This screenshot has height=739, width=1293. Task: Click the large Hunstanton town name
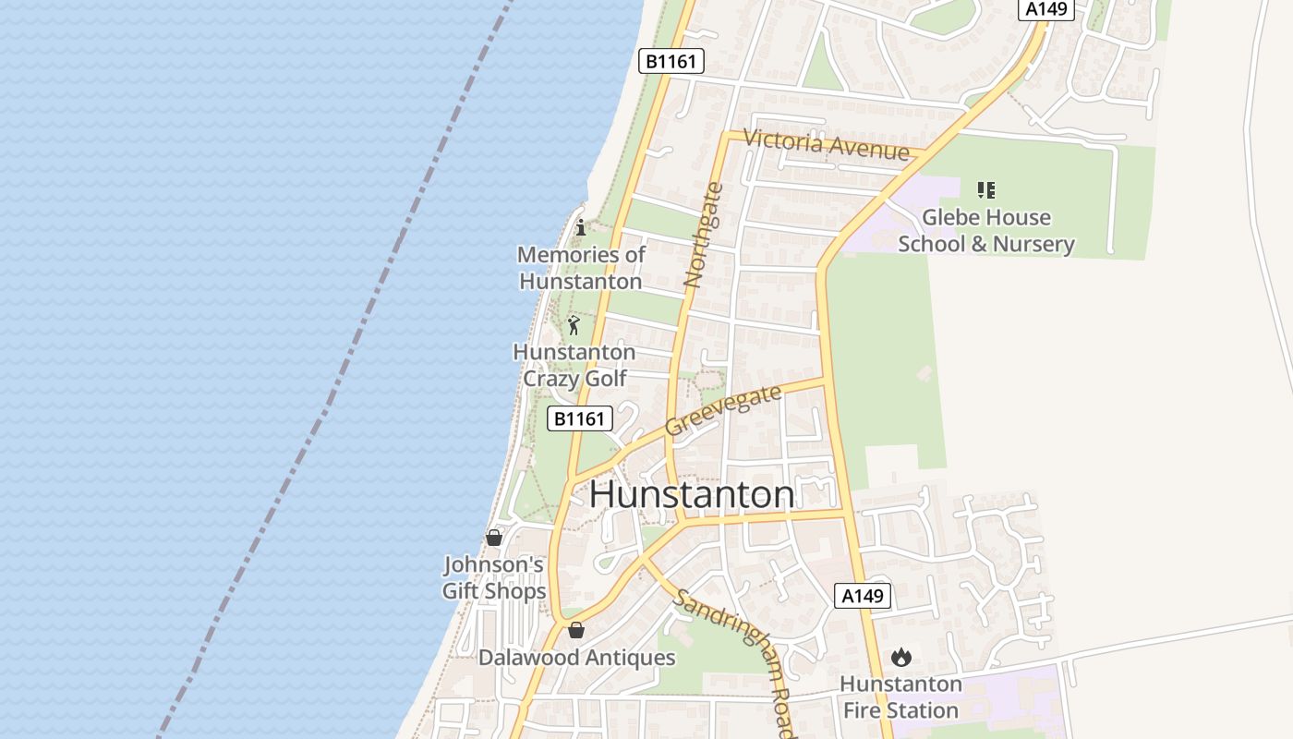point(692,495)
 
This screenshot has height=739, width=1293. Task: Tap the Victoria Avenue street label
point(826,145)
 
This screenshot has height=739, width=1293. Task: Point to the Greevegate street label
point(723,410)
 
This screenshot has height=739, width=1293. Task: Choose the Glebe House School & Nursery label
point(985,231)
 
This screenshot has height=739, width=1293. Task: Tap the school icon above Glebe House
point(985,190)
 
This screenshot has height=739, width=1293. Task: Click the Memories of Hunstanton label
point(581,267)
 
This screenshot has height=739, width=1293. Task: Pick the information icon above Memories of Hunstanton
point(580,227)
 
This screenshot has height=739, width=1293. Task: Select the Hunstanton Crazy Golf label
point(574,365)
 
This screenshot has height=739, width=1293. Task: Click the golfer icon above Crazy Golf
point(574,325)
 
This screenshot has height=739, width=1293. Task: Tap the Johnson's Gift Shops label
point(494,577)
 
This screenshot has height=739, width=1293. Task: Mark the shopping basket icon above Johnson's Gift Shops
point(494,538)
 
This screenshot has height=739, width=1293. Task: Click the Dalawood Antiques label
point(576,658)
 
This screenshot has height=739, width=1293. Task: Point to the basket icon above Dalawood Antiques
point(576,630)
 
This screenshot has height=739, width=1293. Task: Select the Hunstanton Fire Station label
point(901,697)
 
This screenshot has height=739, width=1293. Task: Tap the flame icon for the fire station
point(901,657)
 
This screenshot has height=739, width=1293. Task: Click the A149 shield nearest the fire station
point(863,596)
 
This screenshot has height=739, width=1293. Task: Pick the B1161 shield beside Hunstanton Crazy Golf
point(579,418)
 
